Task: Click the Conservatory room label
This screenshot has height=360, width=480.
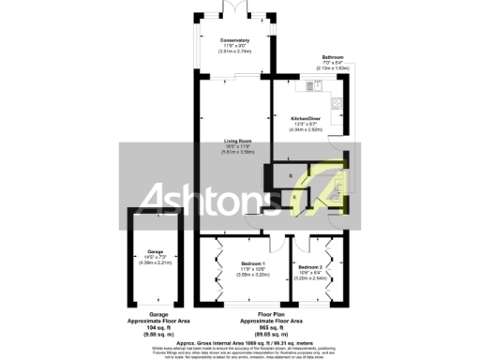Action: [235, 41]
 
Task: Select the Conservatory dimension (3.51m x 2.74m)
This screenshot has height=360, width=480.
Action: [235, 51]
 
